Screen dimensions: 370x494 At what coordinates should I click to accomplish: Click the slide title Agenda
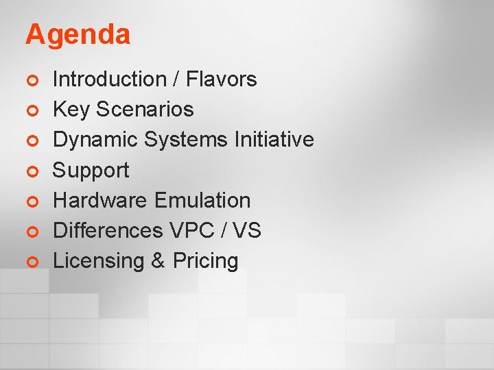pyautogui.click(x=78, y=35)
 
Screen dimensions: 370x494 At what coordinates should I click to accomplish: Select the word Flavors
pyautogui.click(x=222, y=79)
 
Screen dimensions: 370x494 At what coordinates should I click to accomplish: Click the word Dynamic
pyautogui.click(x=96, y=140)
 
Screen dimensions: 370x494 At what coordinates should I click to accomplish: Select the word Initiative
pyautogui.click(x=274, y=140)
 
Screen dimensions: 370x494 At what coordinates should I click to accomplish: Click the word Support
pyautogui.click(x=91, y=170)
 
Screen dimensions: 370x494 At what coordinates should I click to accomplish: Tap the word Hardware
pyautogui.click(x=101, y=200)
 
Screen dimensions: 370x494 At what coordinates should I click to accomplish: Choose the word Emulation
pyautogui.click(x=202, y=200)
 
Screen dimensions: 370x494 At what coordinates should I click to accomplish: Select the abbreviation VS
pyautogui.click(x=248, y=230)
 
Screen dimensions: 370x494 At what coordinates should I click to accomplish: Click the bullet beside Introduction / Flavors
pyautogui.click(x=30, y=80)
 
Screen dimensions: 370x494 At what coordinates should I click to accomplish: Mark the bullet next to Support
pyautogui.click(x=30, y=171)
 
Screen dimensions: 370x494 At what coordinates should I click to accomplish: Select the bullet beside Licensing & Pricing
pyautogui.click(x=30, y=261)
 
